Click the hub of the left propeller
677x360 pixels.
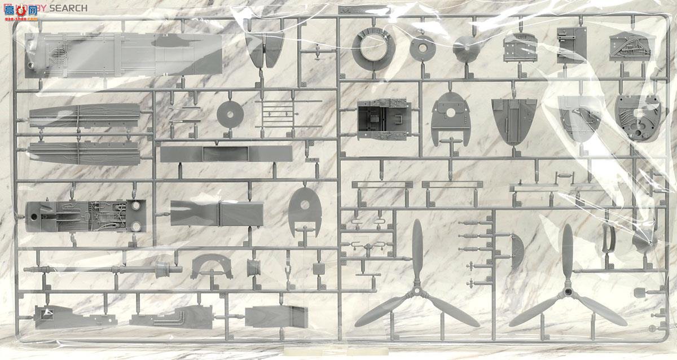417,292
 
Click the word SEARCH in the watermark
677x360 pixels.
68,8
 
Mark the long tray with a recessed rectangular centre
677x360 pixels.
226,154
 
